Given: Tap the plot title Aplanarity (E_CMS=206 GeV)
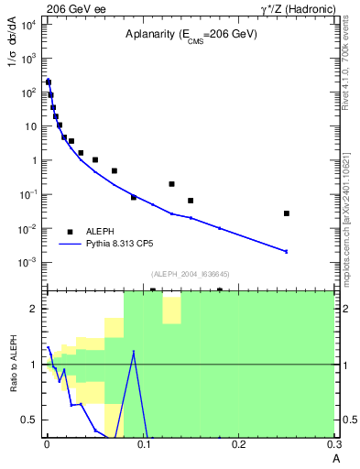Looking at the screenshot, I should [191, 34].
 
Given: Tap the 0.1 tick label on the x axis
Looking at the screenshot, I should [142, 444].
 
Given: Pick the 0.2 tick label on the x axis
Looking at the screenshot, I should [238, 444].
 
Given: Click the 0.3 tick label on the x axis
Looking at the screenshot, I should [333, 444].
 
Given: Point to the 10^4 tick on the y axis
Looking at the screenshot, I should [27, 25].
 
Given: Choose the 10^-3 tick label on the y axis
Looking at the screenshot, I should [27, 262].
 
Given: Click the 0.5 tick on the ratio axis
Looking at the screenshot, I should [29, 420].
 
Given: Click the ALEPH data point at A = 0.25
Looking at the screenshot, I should [287, 213].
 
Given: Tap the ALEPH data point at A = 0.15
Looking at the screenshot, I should [191, 201].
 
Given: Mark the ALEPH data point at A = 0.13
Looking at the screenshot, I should [171, 184].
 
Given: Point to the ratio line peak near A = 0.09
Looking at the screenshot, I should [134, 351].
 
